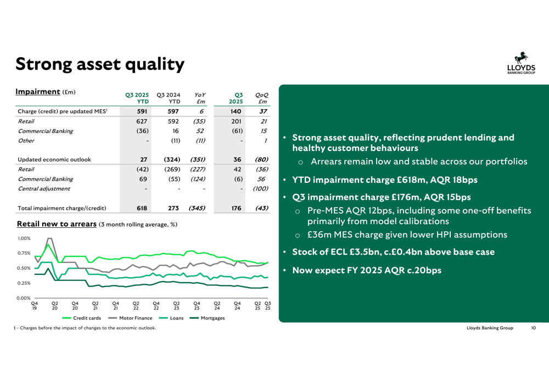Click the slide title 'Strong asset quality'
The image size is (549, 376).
(x=99, y=64)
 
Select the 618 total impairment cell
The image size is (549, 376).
(x=141, y=208)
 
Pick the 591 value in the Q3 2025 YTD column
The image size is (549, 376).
(x=141, y=111)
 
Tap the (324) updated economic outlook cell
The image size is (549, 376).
(x=172, y=160)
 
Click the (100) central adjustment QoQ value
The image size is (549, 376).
(x=260, y=189)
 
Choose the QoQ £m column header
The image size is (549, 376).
(x=262, y=98)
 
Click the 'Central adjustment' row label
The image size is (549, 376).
(x=44, y=189)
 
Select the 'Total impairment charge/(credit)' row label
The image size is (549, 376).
(x=62, y=208)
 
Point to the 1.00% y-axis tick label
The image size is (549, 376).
(x=24, y=239)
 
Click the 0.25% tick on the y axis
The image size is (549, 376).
(x=24, y=283)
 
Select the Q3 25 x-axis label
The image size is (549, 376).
(x=268, y=305)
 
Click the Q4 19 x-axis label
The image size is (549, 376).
(x=35, y=305)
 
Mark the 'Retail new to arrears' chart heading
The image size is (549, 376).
(x=57, y=224)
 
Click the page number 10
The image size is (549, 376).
(x=533, y=328)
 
